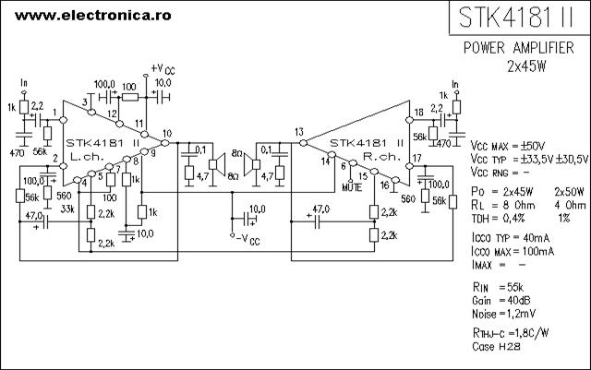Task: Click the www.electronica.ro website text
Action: pos(93,16)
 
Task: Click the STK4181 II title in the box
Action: pos(516,17)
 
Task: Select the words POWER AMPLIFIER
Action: pos(519,48)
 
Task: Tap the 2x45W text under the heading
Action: pos(526,66)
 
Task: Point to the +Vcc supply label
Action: pos(163,69)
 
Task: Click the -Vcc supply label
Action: pos(247,239)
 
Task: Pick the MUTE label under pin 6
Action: pos(352,187)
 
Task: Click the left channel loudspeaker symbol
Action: pos(217,164)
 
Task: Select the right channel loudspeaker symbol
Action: pos(252,164)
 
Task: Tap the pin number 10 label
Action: pos(167,133)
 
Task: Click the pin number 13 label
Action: pos(299,132)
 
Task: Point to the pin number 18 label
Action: pos(418,112)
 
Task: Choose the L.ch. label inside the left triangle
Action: pos(87,157)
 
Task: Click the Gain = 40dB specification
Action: pos(501,301)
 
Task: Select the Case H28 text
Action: pos(496,346)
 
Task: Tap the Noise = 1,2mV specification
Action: pos(503,314)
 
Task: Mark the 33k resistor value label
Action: pos(67,209)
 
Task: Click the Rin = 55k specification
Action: pos(498,288)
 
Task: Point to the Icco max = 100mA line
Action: pos(513,251)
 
